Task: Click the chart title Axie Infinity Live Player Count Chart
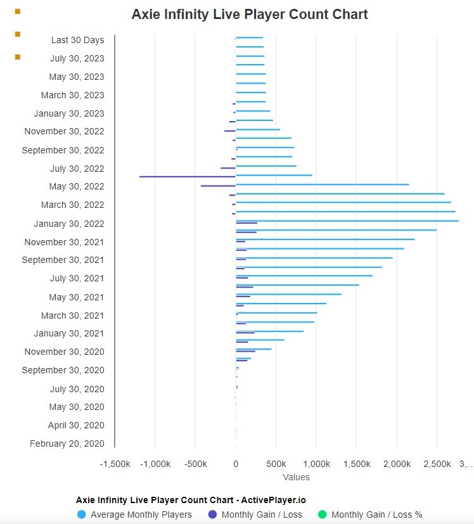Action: click(x=250, y=15)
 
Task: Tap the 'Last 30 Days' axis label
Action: click(x=77, y=40)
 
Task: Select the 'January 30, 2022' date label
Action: click(x=69, y=224)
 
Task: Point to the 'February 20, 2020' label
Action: click(x=67, y=444)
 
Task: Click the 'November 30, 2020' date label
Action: click(x=64, y=352)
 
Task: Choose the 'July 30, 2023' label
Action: click(x=77, y=58)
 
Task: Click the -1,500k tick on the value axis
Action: click(x=115, y=464)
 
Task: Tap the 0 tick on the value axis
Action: click(x=236, y=464)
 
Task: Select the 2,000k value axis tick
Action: click(x=397, y=464)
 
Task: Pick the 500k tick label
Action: click(x=276, y=464)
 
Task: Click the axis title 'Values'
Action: click(x=296, y=477)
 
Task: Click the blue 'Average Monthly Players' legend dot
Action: click(x=82, y=514)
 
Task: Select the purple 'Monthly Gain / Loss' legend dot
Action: click(x=212, y=514)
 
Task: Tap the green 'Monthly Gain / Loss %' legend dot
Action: click(x=323, y=514)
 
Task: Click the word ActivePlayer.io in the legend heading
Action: click(x=273, y=500)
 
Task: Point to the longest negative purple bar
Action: click(x=188, y=176)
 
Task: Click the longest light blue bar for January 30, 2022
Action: click(x=347, y=221)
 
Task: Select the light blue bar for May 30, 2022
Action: click(x=323, y=184)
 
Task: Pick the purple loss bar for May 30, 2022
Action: click(x=218, y=186)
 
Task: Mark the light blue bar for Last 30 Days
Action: click(x=250, y=37)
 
